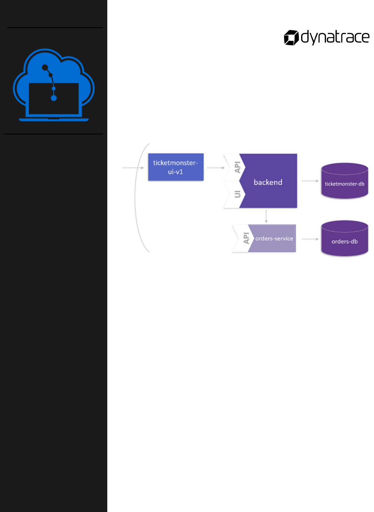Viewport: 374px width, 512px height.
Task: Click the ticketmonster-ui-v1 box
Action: (176, 167)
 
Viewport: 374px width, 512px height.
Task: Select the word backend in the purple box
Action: (268, 182)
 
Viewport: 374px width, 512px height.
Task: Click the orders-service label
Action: (274, 239)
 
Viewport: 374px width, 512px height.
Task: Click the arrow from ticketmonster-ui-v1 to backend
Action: (216, 168)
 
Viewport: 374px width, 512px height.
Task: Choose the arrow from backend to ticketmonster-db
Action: (310, 181)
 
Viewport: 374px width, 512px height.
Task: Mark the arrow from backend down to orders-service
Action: (266, 216)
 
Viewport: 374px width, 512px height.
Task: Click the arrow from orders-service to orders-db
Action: (310, 239)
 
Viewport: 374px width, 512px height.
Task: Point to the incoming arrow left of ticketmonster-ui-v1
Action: (133, 168)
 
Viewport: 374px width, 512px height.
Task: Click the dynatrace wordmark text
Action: (335, 37)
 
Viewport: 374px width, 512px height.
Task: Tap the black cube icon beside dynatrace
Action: (291, 38)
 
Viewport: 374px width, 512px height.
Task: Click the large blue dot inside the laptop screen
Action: (54, 98)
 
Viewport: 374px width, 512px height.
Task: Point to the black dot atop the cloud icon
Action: (45, 67)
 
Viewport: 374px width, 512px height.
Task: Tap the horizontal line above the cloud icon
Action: (55, 28)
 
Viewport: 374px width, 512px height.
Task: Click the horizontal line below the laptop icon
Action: (53, 134)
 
